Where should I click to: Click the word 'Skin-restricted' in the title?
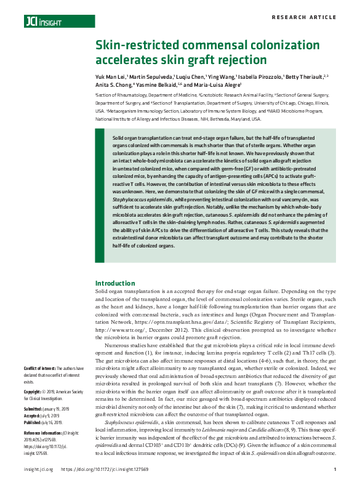[x=134, y=47]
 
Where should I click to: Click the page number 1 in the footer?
[x=333, y=470]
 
